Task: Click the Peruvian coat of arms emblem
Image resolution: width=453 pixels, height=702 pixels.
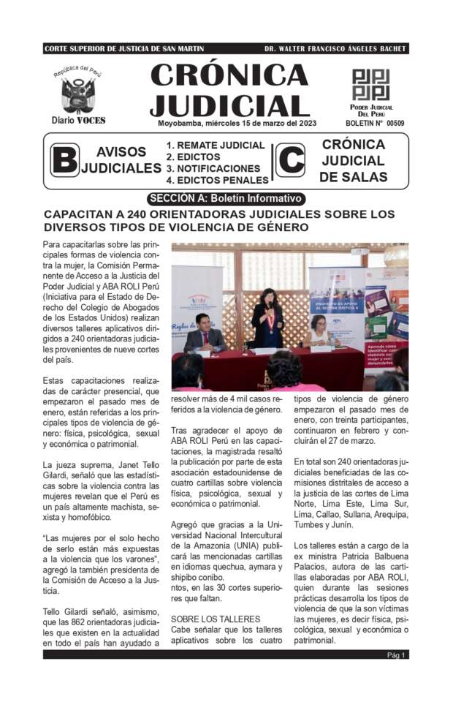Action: (x=77, y=94)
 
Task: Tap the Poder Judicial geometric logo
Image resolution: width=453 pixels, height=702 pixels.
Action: (x=371, y=85)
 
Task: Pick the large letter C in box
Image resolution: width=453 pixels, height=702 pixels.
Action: (x=290, y=160)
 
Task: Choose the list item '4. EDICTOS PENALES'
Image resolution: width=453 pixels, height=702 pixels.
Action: (x=217, y=180)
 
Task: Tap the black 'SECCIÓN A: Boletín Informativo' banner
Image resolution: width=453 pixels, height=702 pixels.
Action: (x=226, y=198)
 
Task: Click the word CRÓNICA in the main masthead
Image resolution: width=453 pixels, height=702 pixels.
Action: (x=229, y=75)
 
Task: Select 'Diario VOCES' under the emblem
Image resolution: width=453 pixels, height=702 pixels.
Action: (x=78, y=120)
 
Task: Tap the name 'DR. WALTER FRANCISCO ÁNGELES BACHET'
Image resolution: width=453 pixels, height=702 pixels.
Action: (x=335, y=49)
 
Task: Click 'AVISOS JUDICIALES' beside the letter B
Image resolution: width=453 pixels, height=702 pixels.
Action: (x=121, y=160)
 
